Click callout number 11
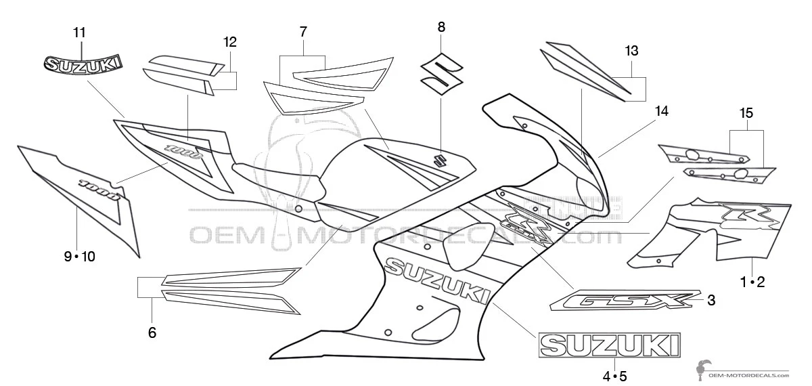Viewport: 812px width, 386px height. point(80,32)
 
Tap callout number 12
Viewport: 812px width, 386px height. point(230,42)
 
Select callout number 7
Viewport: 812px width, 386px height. point(303,31)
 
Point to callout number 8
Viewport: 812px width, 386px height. point(441,27)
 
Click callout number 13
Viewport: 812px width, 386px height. point(631,51)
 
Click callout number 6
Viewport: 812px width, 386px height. point(152,332)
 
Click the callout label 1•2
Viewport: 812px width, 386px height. point(752,282)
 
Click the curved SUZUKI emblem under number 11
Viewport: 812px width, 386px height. point(83,64)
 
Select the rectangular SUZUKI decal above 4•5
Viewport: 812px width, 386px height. point(609,345)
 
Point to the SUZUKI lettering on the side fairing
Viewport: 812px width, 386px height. point(436,281)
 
